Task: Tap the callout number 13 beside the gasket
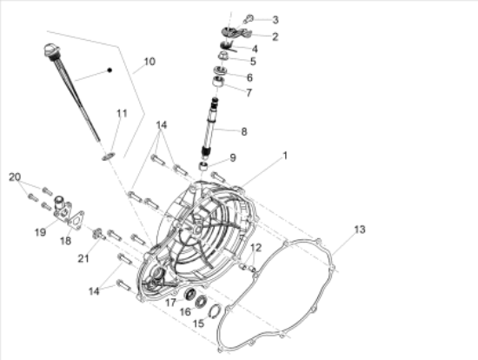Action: (360, 230)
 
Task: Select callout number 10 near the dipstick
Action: (149, 62)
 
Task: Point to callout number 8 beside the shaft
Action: (244, 131)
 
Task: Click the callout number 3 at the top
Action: (276, 19)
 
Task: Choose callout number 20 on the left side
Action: (15, 177)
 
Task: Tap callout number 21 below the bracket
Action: (83, 258)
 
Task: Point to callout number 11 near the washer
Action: (122, 113)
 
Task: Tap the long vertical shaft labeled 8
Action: (210, 126)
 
